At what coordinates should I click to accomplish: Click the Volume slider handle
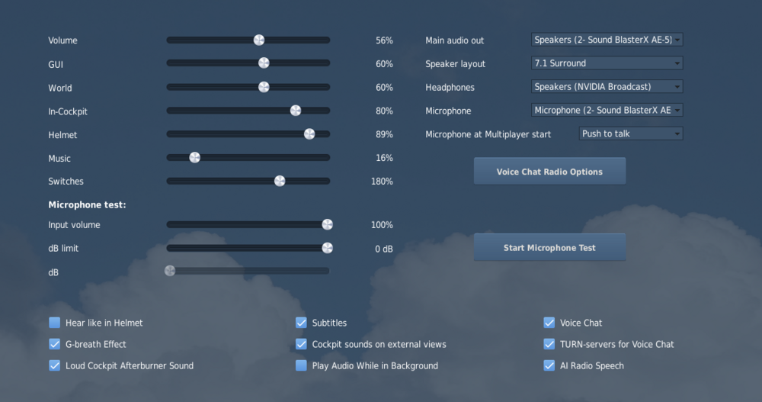[259, 40]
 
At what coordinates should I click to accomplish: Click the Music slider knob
[194, 158]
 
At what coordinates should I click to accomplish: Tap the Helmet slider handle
[309, 134]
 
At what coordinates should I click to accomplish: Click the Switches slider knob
[280, 181]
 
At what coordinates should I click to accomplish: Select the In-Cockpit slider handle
[296, 111]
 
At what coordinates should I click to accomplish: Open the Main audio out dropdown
[607, 40]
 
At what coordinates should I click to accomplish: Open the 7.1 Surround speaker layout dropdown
[607, 63]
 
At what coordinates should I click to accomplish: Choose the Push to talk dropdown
[631, 133]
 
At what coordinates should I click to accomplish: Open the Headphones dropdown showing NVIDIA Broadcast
[607, 87]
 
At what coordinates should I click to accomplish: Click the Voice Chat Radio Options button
[549, 172]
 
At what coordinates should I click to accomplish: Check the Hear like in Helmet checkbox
[55, 323]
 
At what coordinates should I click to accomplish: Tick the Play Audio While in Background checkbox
[301, 365]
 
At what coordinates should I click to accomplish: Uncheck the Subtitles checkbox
[301, 323]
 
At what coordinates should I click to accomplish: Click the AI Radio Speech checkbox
[549, 365]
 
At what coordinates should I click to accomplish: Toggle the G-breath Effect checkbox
[55, 344]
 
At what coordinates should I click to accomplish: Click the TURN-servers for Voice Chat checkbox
[549, 344]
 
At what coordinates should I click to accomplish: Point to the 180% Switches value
[381, 182]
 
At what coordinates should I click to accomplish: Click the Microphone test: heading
[87, 204]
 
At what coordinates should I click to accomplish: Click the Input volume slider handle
[327, 224]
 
